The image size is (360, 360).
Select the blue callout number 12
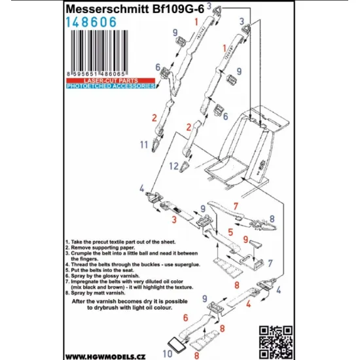point(174,166)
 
